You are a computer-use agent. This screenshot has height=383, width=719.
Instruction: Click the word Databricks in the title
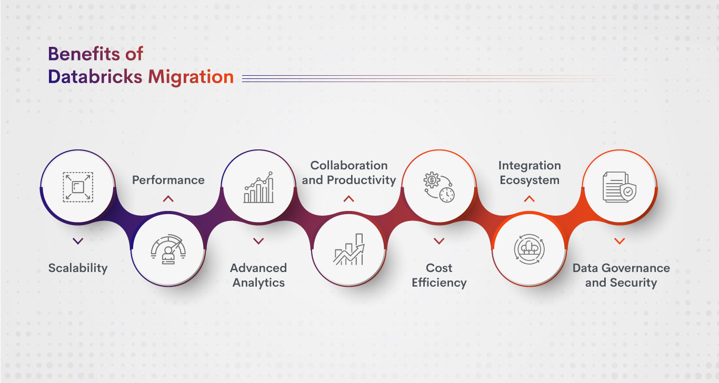tap(95, 77)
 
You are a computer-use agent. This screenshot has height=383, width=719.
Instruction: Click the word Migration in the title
tap(191, 77)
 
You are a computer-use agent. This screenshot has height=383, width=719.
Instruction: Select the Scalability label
tap(78, 268)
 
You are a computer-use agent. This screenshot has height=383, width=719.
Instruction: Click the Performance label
tap(168, 180)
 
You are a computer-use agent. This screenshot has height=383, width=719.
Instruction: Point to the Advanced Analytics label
tap(258, 275)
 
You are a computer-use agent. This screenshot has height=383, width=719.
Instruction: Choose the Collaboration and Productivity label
tap(348, 173)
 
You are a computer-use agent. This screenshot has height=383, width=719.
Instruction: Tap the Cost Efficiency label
tap(439, 275)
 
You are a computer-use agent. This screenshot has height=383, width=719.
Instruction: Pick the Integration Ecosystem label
tap(530, 173)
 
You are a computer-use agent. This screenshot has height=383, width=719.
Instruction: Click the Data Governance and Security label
tap(621, 275)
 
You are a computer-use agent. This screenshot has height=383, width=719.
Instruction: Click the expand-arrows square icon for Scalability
tap(78, 187)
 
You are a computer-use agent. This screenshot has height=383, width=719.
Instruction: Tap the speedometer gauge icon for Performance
tap(168, 250)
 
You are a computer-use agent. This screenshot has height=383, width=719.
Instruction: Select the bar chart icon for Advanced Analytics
tap(258, 187)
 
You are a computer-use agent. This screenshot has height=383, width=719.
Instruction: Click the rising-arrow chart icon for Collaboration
tap(348, 250)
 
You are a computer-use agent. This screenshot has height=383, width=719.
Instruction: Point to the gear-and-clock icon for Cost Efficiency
tap(439, 187)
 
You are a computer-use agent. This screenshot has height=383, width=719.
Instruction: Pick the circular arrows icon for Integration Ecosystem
tap(530, 250)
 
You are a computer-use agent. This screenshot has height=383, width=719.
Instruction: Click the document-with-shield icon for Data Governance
tap(620, 187)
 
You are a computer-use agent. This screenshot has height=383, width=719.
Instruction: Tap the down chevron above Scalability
tap(78, 241)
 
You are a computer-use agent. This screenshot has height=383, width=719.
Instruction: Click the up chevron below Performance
tap(168, 199)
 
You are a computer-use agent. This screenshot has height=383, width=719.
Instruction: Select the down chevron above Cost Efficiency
tap(439, 241)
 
